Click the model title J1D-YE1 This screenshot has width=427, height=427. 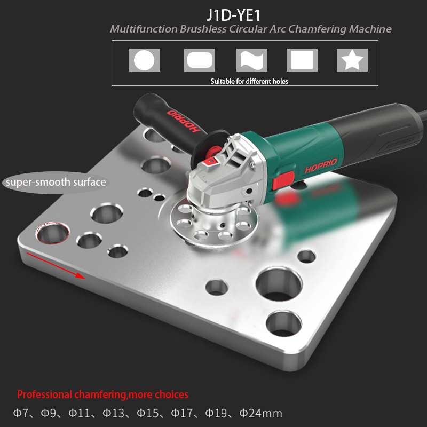[x=233, y=15]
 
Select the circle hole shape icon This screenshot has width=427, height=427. [x=144, y=60]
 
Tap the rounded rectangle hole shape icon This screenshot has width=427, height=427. [x=200, y=60]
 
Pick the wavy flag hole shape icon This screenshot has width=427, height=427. [x=252, y=60]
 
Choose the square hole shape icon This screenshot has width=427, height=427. [x=302, y=60]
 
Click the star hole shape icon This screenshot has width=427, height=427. [x=352, y=60]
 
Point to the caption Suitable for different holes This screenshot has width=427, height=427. [x=249, y=82]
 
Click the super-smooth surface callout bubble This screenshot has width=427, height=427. [x=56, y=183]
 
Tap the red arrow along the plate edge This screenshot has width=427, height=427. [x=56, y=266]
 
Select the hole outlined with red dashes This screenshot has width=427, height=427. [x=52, y=233]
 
